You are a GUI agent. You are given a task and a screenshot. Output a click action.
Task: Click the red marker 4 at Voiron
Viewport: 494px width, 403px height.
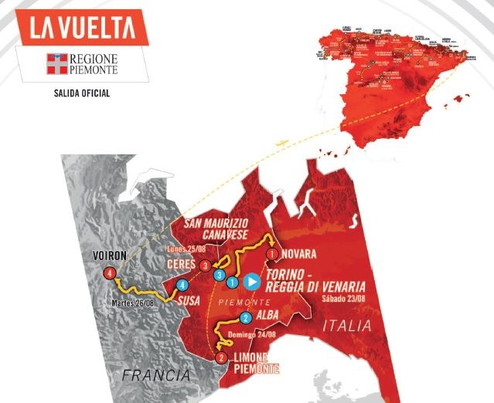(x=111, y=273)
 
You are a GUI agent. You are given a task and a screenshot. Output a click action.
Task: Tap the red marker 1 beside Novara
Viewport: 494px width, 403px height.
(x=271, y=253)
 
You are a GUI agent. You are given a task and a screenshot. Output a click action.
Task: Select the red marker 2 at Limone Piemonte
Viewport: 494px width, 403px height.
(x=222, y=357)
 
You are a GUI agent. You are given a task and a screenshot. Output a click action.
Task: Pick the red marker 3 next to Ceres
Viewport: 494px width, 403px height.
(x=205, y=266)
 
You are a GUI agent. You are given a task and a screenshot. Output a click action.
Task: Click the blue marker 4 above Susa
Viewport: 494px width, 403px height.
(x=182, y=285)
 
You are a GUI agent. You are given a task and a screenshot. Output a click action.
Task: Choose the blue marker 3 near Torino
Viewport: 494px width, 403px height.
(x=220, y=275)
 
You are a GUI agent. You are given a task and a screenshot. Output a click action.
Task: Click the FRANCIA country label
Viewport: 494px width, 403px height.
(x=155, y=375)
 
